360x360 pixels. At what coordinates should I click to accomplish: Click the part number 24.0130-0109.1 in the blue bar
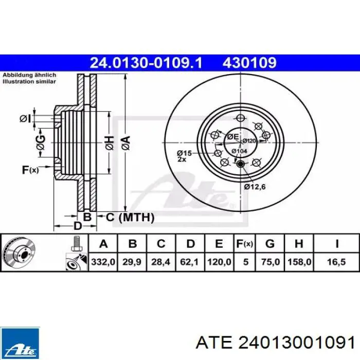146,63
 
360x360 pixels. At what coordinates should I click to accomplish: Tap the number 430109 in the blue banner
249,63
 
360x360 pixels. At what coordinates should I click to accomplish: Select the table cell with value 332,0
103,262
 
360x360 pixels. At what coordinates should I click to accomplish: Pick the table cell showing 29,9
132,262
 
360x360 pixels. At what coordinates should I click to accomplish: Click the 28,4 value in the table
160,262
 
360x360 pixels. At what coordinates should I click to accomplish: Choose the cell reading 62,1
190,262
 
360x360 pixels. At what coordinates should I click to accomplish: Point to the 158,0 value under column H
299,262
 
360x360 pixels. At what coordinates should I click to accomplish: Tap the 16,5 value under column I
336,262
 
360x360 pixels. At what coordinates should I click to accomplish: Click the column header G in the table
270,243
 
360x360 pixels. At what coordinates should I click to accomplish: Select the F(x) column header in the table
244,243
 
